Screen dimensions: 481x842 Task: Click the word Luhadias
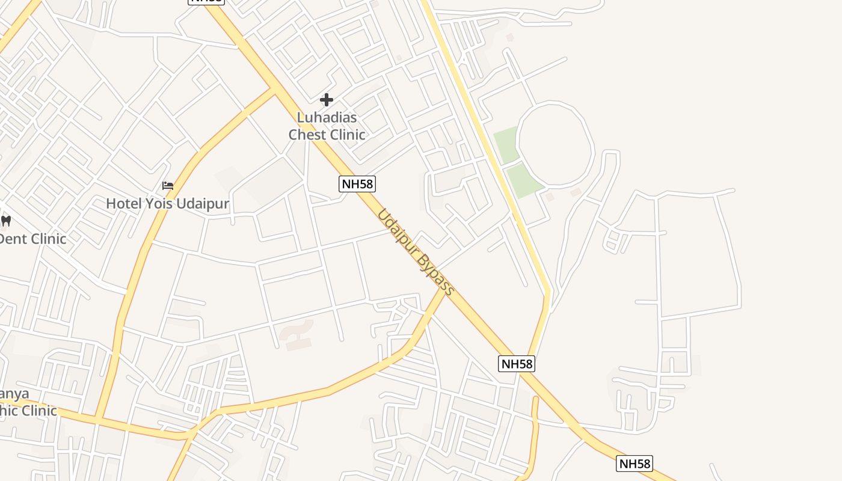pyautogui.click(x=327, y=117)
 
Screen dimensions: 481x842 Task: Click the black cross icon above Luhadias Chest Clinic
pyautogui.click(x=327, y=99)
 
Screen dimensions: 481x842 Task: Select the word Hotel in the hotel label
pyautogui.click(x=124, y=204)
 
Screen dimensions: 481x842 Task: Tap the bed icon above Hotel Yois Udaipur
pyautogui.click(x=168, y=186)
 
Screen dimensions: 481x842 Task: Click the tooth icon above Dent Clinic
pyautogui.click(x=6, y=221)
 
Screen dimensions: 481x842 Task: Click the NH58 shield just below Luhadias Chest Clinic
pyautogui.click(x=357, y=184)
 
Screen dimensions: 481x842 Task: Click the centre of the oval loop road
pyautogui.click(x=555, y=142)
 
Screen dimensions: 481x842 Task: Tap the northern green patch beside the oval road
pyautogui.click(x=506, y=144)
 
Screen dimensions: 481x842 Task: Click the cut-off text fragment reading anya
pyautogui.click(x=14, y=394)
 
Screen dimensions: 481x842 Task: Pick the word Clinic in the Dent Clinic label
pyautogui.click(x=48, y=239)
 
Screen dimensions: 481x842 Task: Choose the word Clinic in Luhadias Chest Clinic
pyautogui.click(x=346, y=134)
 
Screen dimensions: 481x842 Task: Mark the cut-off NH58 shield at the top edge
pyautogui.click(x=206, y=2)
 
